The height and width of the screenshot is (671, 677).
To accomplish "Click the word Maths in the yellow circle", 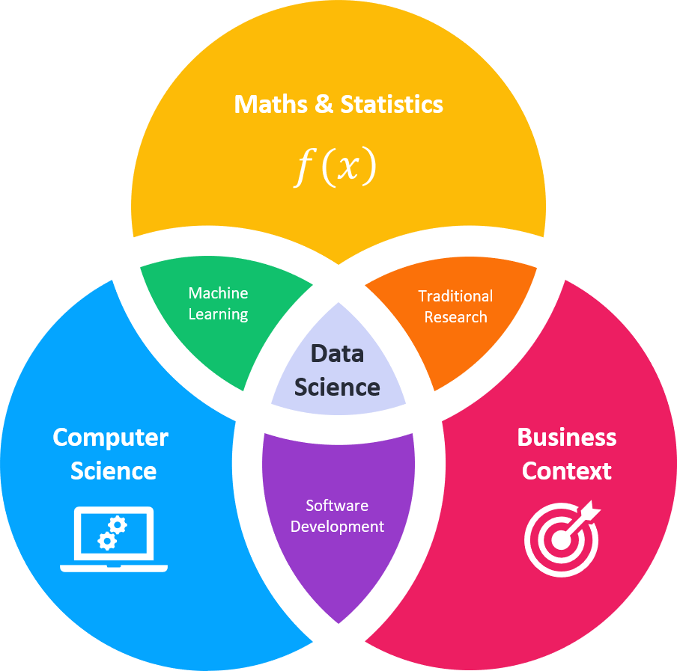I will (x=270, y=104).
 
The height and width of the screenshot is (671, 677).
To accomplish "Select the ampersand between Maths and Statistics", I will (x=324, y=104).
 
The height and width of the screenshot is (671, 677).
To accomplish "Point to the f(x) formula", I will (x=334, y=168).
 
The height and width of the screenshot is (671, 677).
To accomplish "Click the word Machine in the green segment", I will (x=218, y=293).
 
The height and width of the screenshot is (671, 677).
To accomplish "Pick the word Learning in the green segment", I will (x=218, y=314).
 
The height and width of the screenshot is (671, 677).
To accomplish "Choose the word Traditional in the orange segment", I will (x=455, y=296).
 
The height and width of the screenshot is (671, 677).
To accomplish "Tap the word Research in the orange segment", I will (x=455, y=317).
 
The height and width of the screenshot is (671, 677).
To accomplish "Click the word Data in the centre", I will (x=337, y=354).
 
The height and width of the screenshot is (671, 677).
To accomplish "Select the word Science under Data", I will (x=337, y=387).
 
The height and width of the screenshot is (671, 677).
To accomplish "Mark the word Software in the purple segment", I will (x=337, y=506).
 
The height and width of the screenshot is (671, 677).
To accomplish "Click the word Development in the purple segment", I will (x=337, y=527).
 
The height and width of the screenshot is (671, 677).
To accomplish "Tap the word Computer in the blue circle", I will (x=111, y=438).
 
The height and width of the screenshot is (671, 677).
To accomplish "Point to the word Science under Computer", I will (x=113, y=471).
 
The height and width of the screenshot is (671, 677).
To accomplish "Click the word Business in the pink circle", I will (x=567, y=437).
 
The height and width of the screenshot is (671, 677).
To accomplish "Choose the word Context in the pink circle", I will (x=567, y=471).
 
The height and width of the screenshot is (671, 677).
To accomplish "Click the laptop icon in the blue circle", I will (x=114, y=539).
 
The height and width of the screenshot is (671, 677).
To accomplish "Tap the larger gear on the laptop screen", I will (x=118, y=524).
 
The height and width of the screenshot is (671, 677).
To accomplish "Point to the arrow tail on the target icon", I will (x=591, y=510).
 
